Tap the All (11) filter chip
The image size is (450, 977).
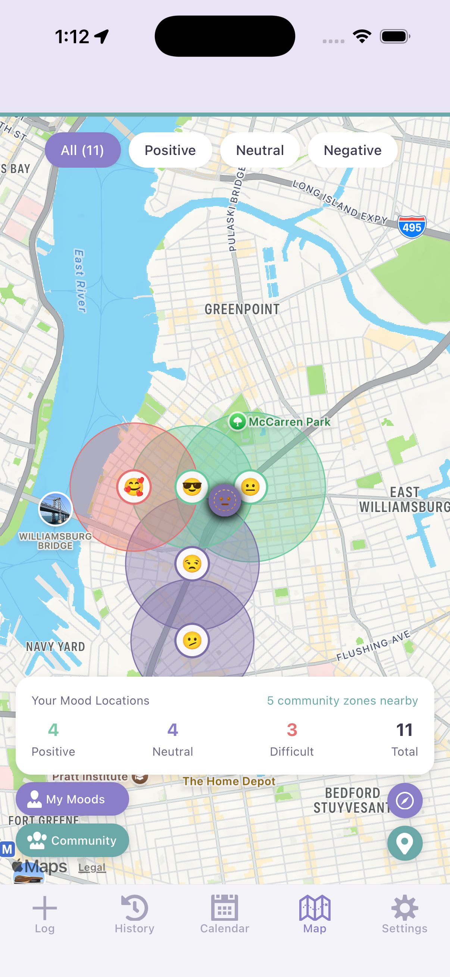point(82,150)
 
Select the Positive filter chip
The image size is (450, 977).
point(170,150)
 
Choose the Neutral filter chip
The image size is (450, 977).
point(260,150)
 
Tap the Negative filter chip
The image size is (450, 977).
point(352,150)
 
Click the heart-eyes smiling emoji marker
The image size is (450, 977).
point(134,487)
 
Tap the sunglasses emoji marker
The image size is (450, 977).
point(192,487)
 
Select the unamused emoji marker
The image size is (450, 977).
point(192,564)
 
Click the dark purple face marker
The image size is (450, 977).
point(225,500)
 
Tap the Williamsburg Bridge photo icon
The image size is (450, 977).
point(56,509)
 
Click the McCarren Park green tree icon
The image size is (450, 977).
point(238,421)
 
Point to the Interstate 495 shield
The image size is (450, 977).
point(412,227)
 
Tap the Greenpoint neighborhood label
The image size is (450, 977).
point(242,309)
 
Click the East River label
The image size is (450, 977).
point(80,281)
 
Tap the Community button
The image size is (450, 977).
point(72,840)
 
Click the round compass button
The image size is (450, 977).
point(405,800)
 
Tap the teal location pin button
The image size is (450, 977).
point(405,843)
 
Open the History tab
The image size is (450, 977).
point(134,914)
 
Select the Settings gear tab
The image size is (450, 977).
point(404,914)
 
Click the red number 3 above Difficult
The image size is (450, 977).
point(292,730)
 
